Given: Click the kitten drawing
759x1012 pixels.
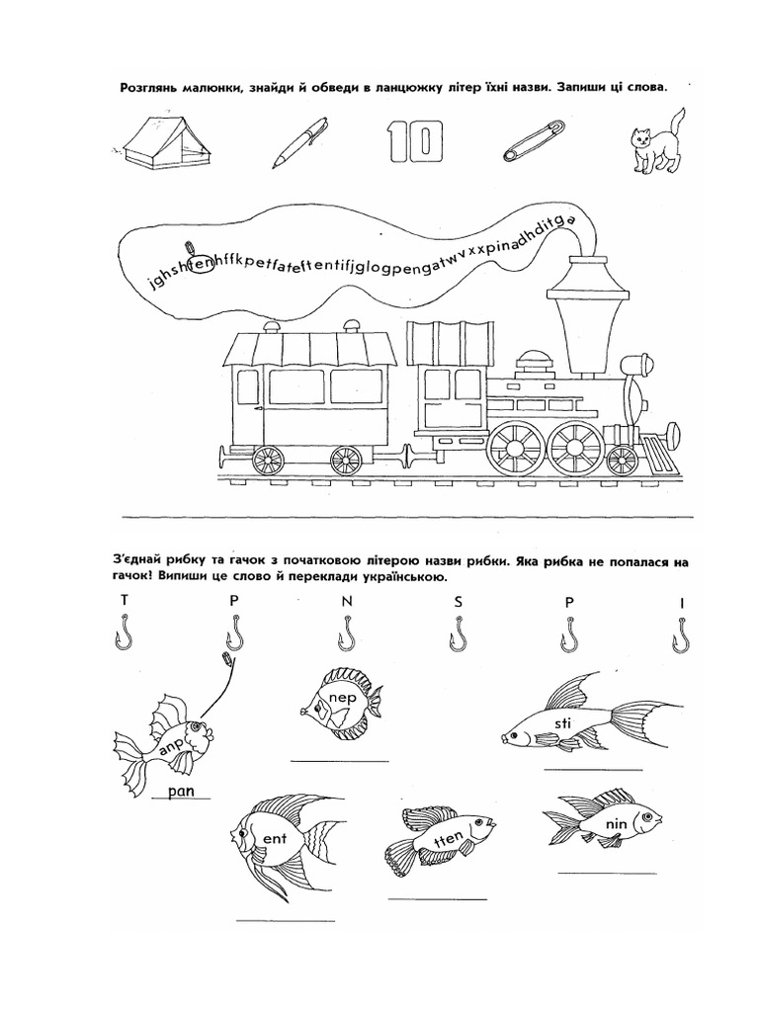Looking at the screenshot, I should point(653,140).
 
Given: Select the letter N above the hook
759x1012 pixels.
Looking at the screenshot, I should point(347,601).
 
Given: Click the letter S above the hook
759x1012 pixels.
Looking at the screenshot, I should point(459,601).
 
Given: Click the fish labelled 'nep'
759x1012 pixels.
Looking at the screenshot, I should point(339,705).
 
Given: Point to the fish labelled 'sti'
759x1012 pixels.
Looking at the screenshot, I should point(583,718).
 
